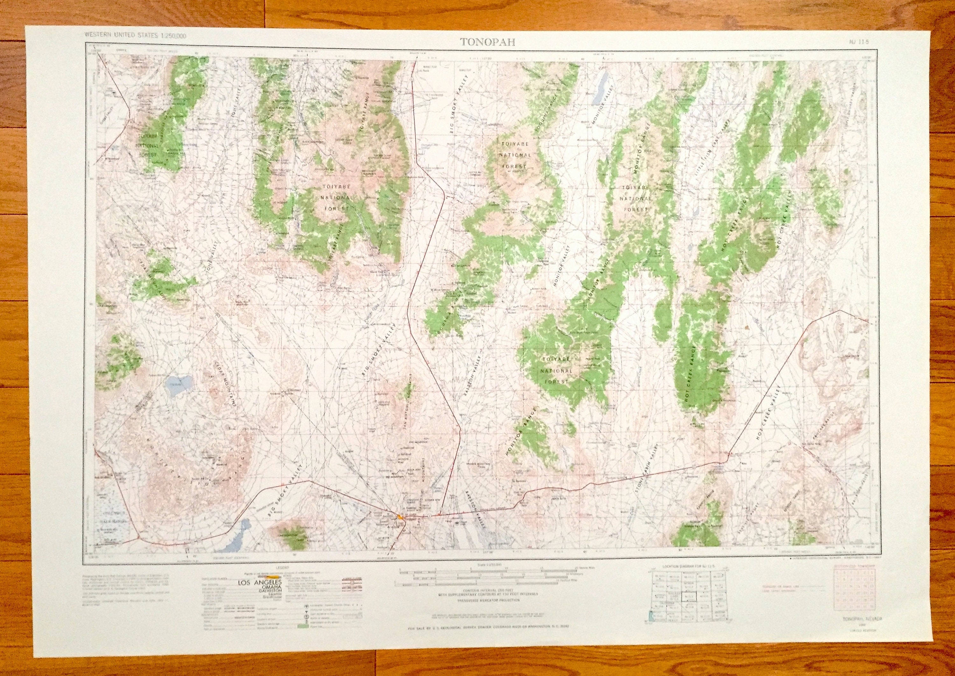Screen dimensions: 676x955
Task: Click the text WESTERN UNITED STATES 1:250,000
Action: click(135, 36)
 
